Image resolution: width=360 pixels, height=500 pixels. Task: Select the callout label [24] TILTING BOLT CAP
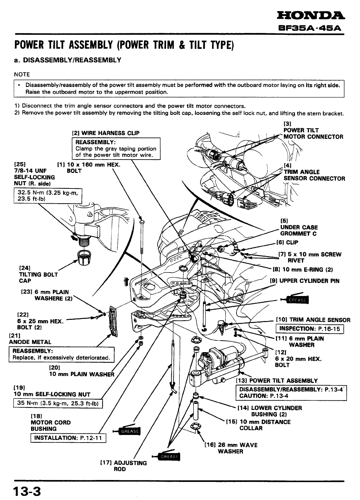pyautogui.click(x=38, y=274)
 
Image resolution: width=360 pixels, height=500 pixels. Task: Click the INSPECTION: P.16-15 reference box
pyautogui.click(x=310, y=329)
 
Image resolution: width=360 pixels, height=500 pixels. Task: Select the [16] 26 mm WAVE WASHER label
pyautogui.click(x=231, y=448)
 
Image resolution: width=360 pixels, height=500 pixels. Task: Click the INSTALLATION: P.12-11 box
pyautogui.click(x=68, y=438)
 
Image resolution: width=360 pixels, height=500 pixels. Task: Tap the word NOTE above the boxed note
pyautogui.click(x=22, y=75)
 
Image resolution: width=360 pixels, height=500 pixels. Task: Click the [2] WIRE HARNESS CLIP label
pyautogui.click(x=106, y=133)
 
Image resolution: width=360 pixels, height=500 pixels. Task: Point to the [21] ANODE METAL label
pyautogui.click(x=30, y=339)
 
